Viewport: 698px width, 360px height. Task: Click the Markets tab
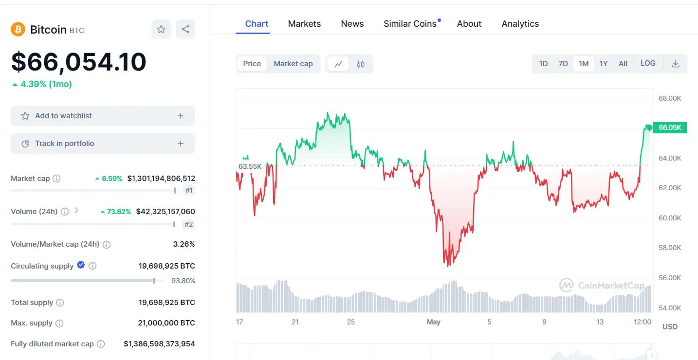pos(304,24)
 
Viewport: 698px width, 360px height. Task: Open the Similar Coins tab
pos(410,24)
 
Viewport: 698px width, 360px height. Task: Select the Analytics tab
pos(520,24)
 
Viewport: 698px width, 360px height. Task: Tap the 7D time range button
pos(563,64)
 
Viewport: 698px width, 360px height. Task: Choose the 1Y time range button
pos(603,64)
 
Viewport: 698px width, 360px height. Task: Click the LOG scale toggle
pos(648,63)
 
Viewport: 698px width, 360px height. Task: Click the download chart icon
pos(675,64)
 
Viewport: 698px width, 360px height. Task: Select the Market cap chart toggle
pos(293,64)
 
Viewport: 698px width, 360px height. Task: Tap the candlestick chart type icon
pos(361,64)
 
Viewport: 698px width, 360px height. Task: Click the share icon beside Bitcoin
pos(185,29)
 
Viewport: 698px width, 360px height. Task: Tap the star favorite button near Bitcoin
pos(161,29)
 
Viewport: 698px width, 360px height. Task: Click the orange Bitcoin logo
pos(18,29)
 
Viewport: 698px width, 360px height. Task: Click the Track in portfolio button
pos(103,143)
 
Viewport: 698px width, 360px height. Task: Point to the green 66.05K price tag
pos(670,127)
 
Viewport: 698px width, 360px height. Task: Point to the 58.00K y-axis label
pos(670,248)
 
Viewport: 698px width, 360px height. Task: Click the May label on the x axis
pos(433,322)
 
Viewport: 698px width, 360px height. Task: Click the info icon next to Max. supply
pos(59,323)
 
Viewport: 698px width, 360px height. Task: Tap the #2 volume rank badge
pos(188,224)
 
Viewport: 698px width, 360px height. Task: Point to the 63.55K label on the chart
pos(250,166)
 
